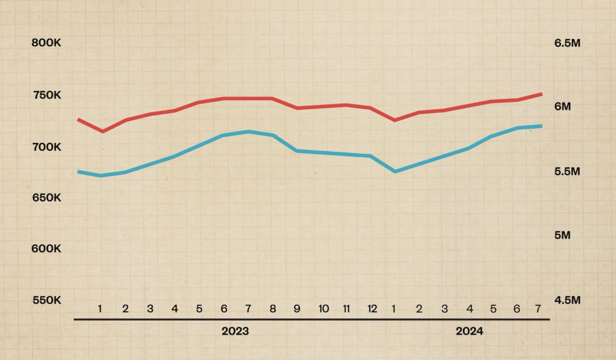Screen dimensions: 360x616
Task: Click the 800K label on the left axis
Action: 47,43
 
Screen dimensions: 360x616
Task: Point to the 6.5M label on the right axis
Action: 567,43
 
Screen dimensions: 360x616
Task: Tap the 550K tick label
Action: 47,300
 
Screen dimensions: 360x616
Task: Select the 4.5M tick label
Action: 567,300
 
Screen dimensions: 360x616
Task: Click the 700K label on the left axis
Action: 47,147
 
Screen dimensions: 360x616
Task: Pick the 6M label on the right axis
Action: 562,106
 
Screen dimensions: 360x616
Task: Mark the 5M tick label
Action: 562,235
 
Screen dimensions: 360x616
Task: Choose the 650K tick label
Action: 47,197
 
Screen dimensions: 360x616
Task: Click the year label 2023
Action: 235,331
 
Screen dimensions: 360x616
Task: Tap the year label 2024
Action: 469,331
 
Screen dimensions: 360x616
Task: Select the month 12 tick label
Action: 372,309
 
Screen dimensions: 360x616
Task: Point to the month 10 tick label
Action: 323,309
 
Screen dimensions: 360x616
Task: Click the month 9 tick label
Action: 297,309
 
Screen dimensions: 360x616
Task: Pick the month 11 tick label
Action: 346,309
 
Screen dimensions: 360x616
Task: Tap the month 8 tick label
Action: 273,309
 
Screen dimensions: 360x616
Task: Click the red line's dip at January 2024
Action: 395,120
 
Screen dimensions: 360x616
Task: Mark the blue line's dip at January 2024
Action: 395,171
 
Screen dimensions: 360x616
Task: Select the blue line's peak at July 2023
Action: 249,132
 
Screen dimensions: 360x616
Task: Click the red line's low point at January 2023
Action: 103,131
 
